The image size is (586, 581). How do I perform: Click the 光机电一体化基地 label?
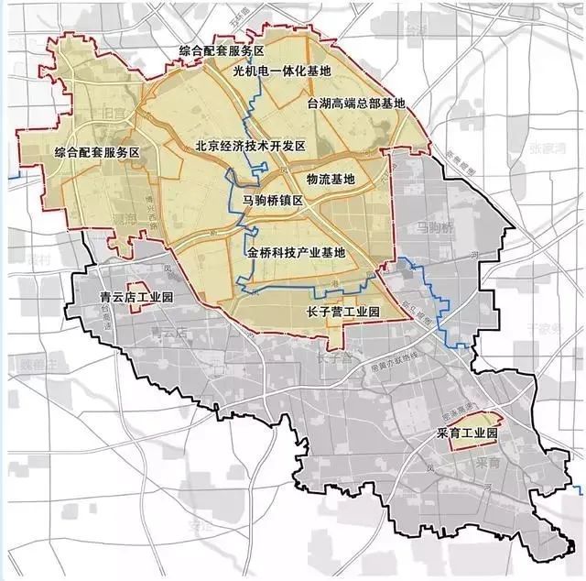click(x=282, y=71)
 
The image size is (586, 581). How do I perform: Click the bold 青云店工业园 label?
click(x=135, y=296)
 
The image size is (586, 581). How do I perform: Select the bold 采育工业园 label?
click(x=466, y=432)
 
